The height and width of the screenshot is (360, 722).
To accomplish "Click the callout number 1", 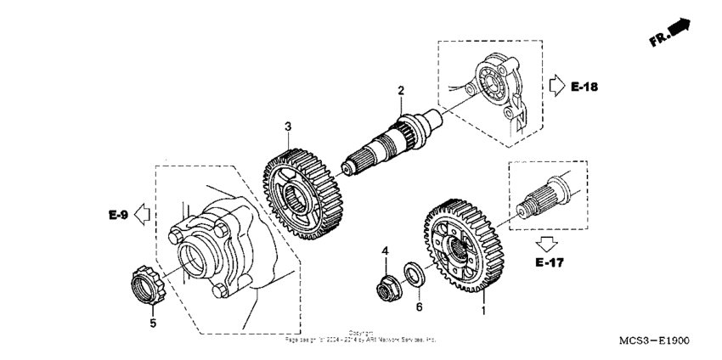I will tap(484, 312).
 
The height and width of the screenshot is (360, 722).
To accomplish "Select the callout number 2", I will tap(400, 90).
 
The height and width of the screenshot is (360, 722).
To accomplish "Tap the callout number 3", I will tap(288, 127).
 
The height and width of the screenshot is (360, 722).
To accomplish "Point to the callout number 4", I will tap(384, 251).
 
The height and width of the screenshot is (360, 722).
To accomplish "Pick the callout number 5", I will tap(153, 323).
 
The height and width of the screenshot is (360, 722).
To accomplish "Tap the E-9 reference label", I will tap(118, 217).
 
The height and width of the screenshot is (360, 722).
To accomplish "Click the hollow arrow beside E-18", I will tap(556, 86).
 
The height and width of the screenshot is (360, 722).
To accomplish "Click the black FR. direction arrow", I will tap(679, 31).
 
